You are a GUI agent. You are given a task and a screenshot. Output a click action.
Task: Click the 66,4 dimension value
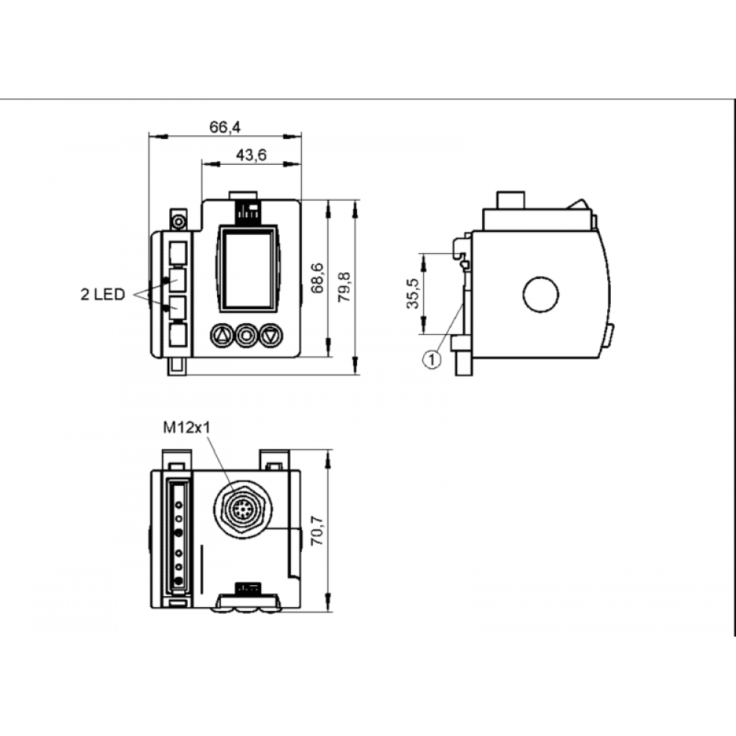click(x=224, y=127)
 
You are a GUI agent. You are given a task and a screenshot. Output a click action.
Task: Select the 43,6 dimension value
click(x=251, y=155)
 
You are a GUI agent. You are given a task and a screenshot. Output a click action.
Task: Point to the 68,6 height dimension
click(x=318, y=278)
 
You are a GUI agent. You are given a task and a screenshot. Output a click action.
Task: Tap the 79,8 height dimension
click(x=345, y=287)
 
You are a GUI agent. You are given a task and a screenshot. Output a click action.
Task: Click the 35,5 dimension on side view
click(x=413, y=294)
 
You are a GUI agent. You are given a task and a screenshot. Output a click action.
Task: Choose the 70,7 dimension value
click(x=317, y=531)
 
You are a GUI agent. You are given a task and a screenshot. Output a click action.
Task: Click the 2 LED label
click(x=103, y=295)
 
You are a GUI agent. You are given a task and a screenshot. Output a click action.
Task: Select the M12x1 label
click(x=187, y=427)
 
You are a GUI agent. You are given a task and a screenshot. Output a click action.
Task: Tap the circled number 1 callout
click(x=432, y=360)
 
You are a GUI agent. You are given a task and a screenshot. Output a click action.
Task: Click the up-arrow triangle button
click(x=222, y=335)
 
